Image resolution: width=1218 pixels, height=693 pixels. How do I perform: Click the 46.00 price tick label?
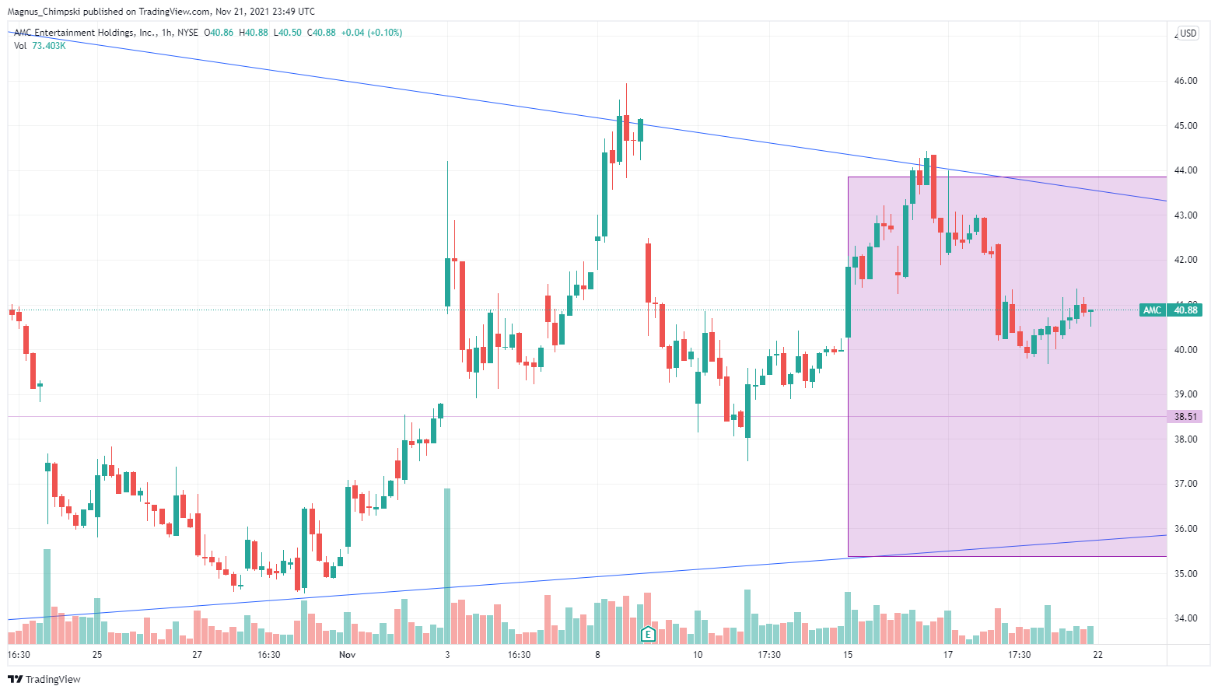coord(1185,81)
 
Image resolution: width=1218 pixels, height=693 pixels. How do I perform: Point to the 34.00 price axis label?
coord(1185,618)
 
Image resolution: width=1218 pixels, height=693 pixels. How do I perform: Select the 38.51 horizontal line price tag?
coord(1185,417)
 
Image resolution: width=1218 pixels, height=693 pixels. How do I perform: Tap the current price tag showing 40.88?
coord(1185,310)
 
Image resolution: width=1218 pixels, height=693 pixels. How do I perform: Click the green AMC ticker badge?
coord(1152,310)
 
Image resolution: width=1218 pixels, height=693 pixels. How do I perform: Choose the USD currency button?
coord(1188,33)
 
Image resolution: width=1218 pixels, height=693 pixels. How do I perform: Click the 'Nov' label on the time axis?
coord(347,655)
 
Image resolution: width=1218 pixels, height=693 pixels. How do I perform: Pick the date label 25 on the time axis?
coord(97,655)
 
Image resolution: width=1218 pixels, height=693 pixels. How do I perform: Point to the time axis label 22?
coord(1097,655)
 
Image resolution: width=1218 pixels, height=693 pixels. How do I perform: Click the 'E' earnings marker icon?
coord(647,634)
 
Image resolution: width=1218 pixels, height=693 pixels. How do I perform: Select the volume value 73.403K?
coord(49,46)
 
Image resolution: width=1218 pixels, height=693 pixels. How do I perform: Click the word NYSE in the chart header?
coord(187,33)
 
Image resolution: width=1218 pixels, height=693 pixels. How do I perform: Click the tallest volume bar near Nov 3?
coord(447,560)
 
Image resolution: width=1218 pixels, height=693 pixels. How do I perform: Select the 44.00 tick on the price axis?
coord(1185,170)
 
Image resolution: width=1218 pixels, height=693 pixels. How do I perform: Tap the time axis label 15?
coord(848,655)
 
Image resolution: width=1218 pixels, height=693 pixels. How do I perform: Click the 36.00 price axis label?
coord(1185,529)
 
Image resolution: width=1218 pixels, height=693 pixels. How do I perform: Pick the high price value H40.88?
coord(254,33)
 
